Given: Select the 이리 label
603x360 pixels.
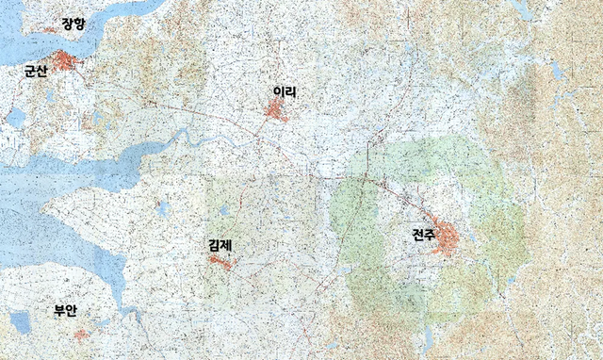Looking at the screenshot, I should click(285, 92).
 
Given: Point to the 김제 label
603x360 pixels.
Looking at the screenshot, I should click(220, 246).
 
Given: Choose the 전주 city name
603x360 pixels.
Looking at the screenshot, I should click(424, 236).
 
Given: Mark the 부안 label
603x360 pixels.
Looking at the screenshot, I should click(65, 310).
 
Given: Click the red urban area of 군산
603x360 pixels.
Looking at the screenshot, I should click(65, 63).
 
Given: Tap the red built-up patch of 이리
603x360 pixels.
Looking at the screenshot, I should click(277, 112).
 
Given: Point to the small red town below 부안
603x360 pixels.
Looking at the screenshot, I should click(82, 333).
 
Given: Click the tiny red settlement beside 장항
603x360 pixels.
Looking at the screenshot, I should click(49, 30).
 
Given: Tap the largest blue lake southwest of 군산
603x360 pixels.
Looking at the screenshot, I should click(16, 117).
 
